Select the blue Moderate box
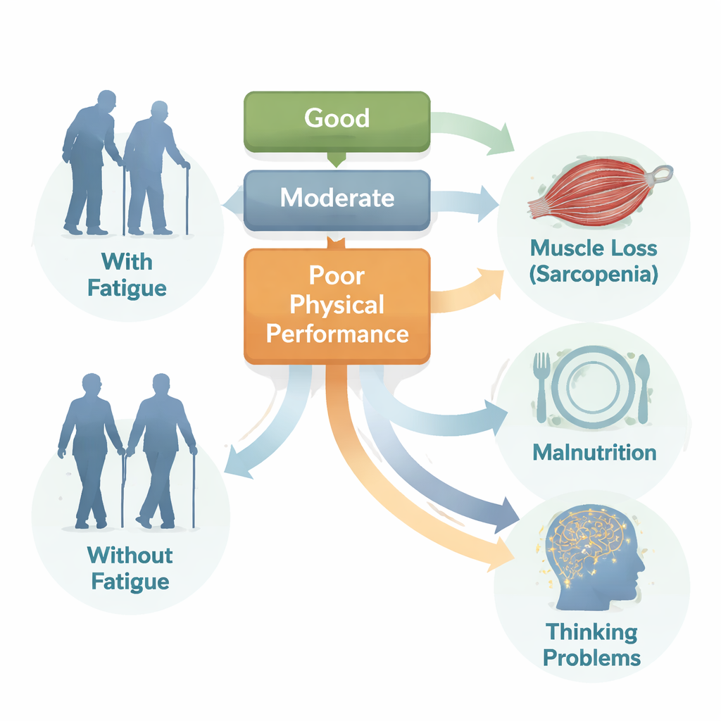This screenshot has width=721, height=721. [x=337, y=199]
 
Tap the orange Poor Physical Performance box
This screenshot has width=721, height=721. [x=337, y=306]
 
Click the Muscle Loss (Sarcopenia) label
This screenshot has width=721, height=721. [x=594, y=261]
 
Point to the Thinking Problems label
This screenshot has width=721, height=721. [x=591, y=644]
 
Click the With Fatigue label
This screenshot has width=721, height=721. [x=127, y=275]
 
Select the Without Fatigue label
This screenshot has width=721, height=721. [x=129, y=568]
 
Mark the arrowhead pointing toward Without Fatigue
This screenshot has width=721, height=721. [x=236, y=466]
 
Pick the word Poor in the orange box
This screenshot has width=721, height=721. [x=337, y=277]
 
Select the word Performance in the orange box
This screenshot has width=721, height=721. [x=337, y=333]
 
